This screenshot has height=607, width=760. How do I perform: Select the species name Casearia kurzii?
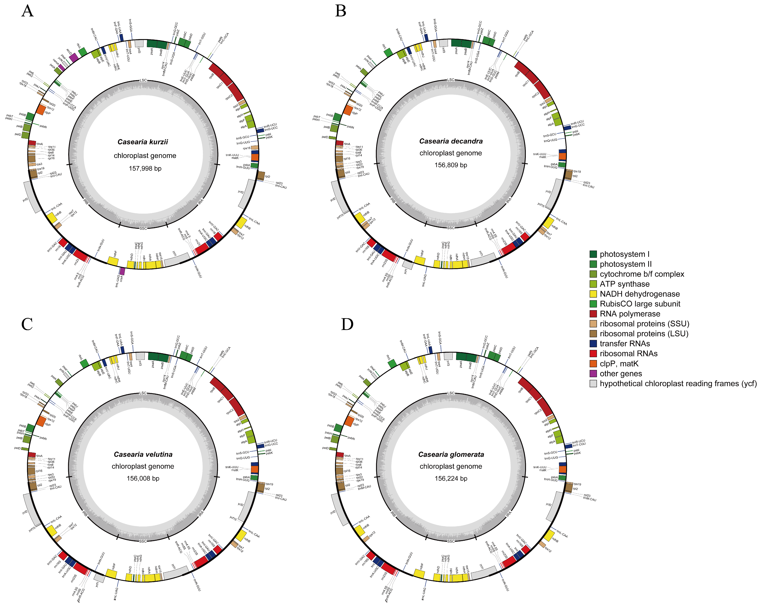point(143,142)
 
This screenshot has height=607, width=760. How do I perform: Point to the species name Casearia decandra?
point(451,141)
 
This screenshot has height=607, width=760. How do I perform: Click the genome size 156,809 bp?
point(451,165)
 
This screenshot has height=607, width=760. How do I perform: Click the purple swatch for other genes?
point(593,374)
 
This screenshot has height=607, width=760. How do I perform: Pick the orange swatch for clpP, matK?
point(593,364)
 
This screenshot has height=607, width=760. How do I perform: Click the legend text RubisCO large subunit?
point(640,304)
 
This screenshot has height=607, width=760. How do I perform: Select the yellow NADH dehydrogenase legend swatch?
point(593,294)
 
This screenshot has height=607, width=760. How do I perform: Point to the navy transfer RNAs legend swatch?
point(593,343)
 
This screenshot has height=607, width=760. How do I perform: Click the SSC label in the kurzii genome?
point(143,228)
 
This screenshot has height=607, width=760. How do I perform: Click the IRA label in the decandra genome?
point(509,201)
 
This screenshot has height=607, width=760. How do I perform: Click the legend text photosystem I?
point(624,254)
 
